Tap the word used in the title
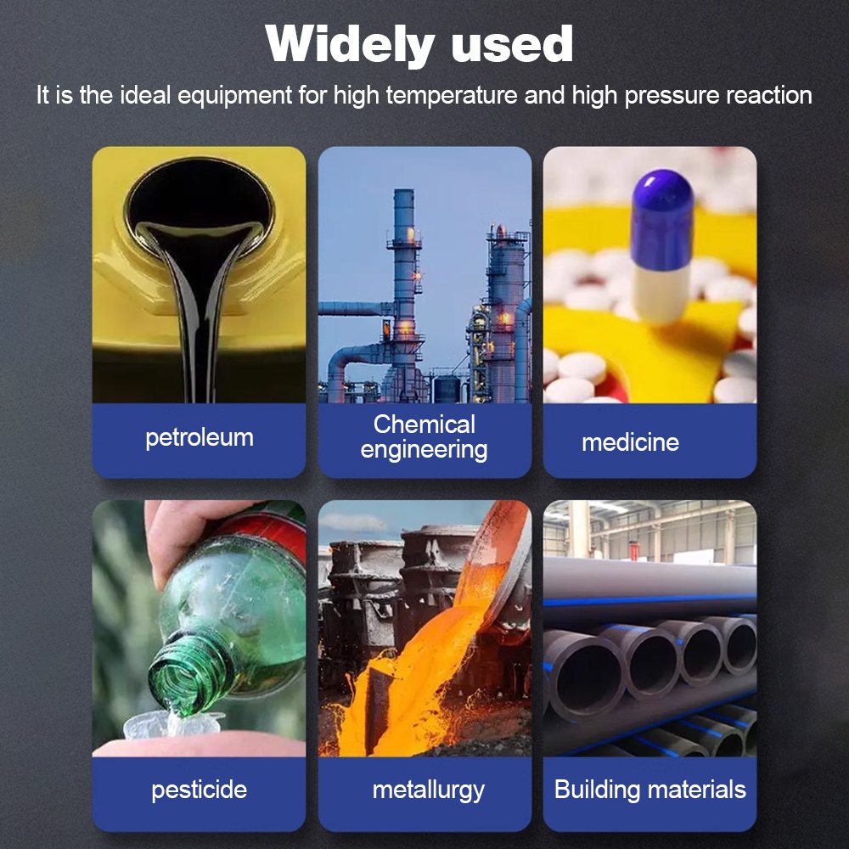tap(512, 44)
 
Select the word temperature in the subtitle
tap(453, 95)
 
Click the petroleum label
tap(200, 438)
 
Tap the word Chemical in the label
tap(424, 424)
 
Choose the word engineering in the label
tap(424, 451)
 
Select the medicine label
tap(630, 442)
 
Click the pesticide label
tap(200, 790)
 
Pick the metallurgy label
tap(428, 790)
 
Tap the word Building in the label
tap(597, 790)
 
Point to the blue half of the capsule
tap(661, 219)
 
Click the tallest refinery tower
tap(404, 292)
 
